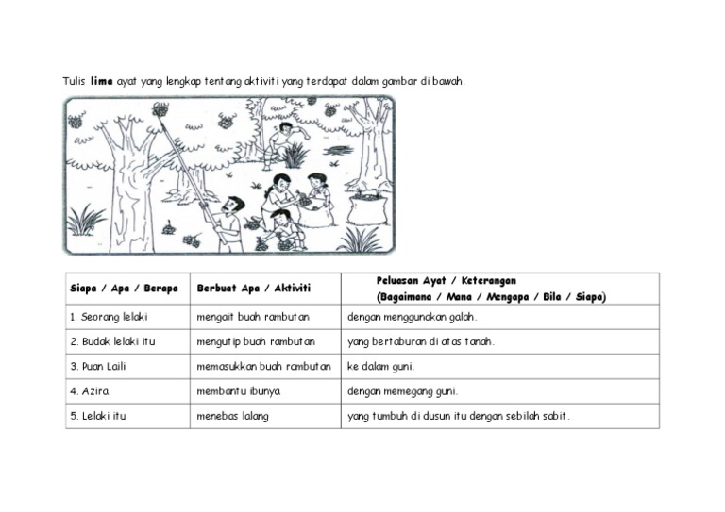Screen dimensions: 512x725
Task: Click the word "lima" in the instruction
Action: coord(101,81)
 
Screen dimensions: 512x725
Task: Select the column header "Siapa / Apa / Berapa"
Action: coord(124,288)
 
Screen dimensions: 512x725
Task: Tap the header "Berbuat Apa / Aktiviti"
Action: coord(254,288)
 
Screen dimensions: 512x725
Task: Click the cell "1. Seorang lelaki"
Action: coord(109,317)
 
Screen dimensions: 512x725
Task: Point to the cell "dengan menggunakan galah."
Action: coord(413,317)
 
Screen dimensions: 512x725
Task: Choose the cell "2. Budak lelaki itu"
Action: coord(112,341)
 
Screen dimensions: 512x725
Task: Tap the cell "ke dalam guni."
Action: coord(381,366)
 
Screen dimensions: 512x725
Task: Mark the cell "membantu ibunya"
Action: coord(238,390)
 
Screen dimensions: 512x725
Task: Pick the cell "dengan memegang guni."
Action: coord(402,390)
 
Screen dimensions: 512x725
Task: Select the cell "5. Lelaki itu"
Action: coord(98,415)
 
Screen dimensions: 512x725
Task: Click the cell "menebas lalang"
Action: coord(232,415)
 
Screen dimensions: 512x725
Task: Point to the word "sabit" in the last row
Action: coord(555,415)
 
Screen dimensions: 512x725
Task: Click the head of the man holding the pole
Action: coord(234,204)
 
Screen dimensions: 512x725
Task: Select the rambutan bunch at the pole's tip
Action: coord(160,110)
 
